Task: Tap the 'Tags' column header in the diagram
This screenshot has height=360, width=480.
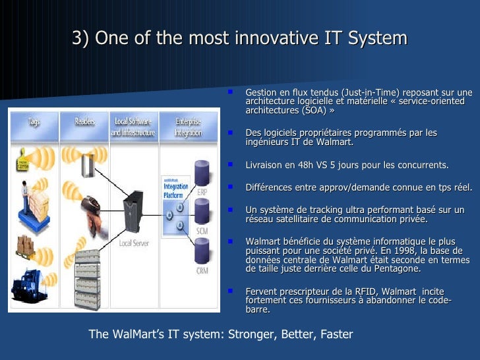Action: click(33, 122)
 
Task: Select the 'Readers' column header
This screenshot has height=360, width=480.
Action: click(84, 122)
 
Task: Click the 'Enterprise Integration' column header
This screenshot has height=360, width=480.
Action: click(188, 127)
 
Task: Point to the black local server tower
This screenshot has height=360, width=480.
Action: click(135, 211)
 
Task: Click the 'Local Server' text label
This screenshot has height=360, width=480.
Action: click(133, 243)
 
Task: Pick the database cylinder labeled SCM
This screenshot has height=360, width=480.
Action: click(201, 211)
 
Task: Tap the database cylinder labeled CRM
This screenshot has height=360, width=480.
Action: click(201, 251)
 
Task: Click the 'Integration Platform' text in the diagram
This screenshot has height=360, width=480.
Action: click(175, 191)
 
